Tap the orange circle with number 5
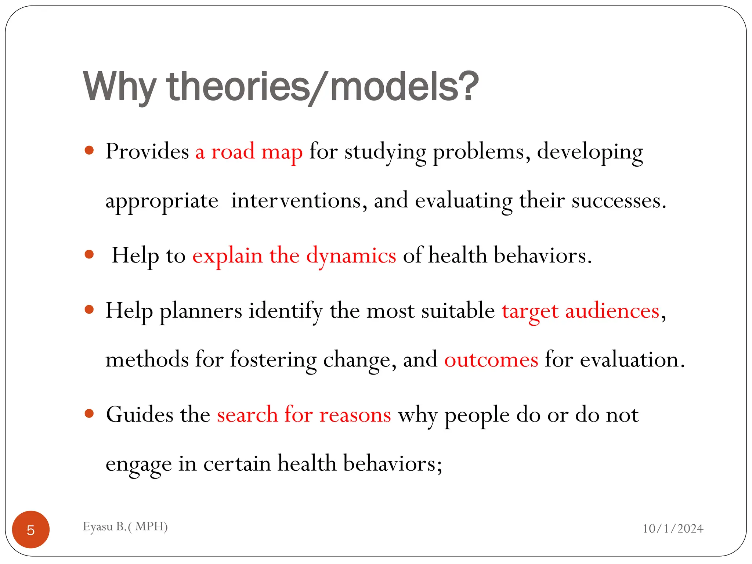(31, 529)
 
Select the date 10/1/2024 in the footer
(673, 528)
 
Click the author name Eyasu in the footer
(98, 526)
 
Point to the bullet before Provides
(89, 150)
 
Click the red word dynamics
(351, 256)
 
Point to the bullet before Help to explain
(89, 254)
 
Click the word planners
(201, 311)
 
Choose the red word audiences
(612, 311)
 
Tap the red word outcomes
(491, 359)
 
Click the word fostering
(273, 359)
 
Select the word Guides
(139, 415)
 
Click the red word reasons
(355, 415)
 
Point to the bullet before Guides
(89, 413)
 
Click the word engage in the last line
(138, 464)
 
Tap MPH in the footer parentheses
(150, 526)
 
